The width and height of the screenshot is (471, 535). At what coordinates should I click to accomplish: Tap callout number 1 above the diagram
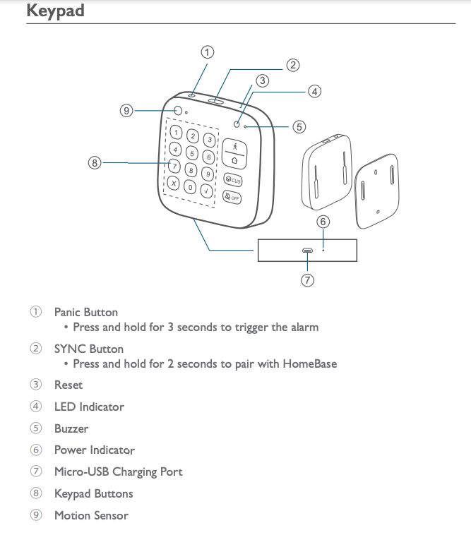pos(207,52)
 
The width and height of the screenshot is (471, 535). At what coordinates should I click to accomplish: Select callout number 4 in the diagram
pos(314,91)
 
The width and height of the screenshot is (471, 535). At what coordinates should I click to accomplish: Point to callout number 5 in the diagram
pos(299,127)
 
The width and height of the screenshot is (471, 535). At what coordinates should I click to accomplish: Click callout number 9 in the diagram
pos(126,110)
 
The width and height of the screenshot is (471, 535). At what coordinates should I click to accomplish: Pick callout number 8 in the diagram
pos(95,163)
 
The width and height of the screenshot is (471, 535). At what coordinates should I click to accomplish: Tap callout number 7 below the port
pos(307,279)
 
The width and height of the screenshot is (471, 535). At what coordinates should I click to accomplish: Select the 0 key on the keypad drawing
pos(190,187)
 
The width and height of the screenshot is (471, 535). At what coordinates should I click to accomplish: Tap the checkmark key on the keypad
pos(207,191)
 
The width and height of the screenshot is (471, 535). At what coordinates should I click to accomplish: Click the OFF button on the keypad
pos(232,197)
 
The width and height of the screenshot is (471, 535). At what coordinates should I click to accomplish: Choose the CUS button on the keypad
pos(234,181)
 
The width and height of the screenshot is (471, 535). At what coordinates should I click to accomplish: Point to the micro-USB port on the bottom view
pos(307,251)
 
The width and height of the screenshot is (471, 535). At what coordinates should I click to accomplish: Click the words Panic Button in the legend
pos(86,312)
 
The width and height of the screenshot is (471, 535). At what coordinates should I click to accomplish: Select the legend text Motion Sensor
pos(91,515)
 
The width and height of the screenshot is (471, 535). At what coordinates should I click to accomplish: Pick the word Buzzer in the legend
pos(71,428)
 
